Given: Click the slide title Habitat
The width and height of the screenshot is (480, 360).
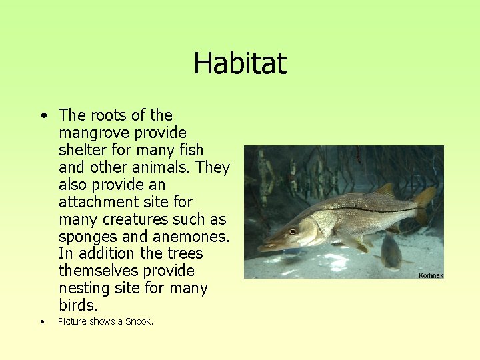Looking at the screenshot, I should tap(240, 63).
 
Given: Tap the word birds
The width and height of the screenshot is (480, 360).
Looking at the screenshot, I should tap(77, 306).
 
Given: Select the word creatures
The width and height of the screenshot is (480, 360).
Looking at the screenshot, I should tap(138, 219).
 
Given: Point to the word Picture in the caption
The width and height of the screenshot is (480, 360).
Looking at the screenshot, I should tap(72, 321).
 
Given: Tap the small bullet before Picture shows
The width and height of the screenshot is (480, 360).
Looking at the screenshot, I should tap(42, 322).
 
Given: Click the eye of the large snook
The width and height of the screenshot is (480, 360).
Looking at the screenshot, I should tap(292, 231).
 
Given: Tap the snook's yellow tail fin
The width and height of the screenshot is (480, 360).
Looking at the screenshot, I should tap(424, 203).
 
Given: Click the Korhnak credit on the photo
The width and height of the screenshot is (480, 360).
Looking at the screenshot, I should tap(430, 275).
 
